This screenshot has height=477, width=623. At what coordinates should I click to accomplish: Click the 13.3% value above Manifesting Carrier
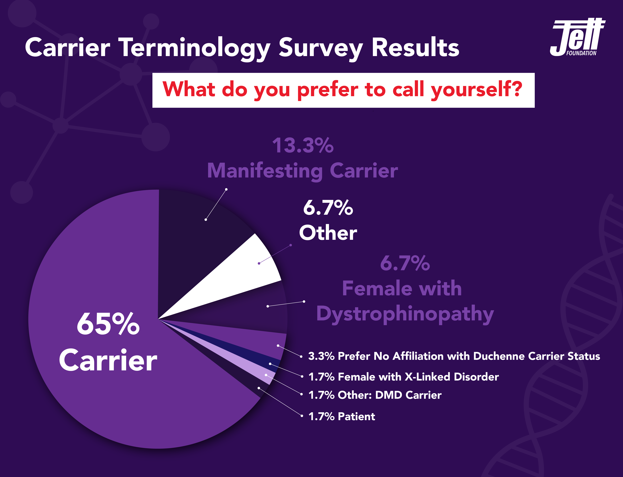click(303, 145)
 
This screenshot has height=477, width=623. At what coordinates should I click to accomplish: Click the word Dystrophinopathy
click(405, 314)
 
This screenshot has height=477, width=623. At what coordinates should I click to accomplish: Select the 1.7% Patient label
click(342, 416)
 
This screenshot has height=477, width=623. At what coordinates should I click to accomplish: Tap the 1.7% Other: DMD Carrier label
click(375, 395)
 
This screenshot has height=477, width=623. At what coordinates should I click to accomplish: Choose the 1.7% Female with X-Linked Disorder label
click(403, 377)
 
